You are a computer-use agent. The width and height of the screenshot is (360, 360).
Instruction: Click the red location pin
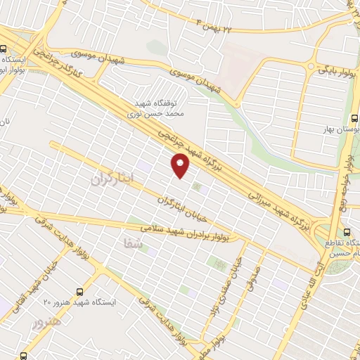pyautogui.click(x=181, y=166)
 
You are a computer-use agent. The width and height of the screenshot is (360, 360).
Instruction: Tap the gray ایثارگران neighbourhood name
pyautogui.click(x=111, y=179)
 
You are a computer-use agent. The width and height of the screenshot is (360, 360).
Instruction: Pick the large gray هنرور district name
pyautogui.click(x=47, y=323)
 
